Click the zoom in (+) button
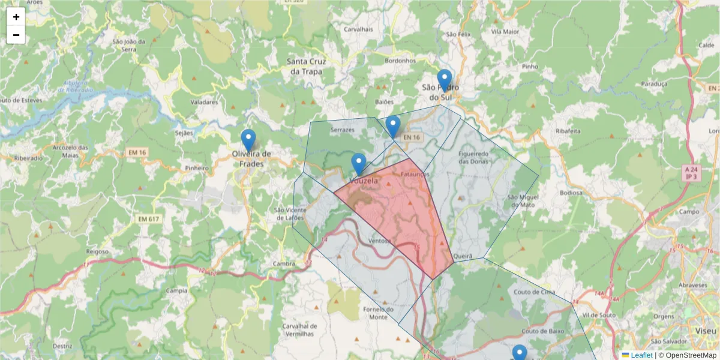pyautogui.click(x=16, y=17)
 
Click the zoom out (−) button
pyautogui.click(x=16, y=35)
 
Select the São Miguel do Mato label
pyautogui.click(x=521, y=201)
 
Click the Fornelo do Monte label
pyautogui.click(x=379, y=313)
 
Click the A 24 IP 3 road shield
pyautogui.click(x=692, y=174)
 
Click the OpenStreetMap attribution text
pyautogui.click(x=691, y=355)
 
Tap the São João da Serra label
pyautogui.click(x=129, y=46)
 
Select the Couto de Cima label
pyautogui.click(x=535, y=292)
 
